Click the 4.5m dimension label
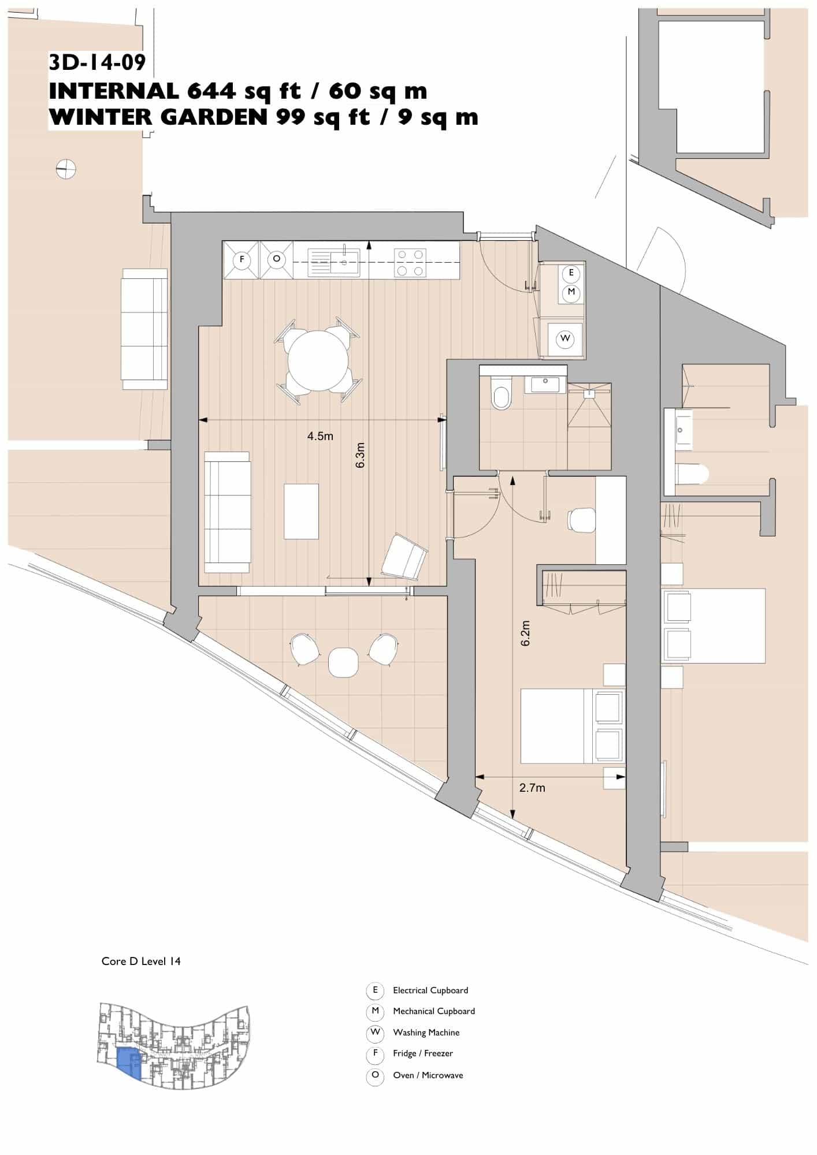(320, 436)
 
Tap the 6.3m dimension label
(361, 455)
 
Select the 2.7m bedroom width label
(532, 788)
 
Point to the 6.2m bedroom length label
(525, 634)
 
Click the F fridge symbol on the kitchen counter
(242, 260)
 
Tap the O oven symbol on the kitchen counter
(276, 259)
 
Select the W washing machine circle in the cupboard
(565, 339)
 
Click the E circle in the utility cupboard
(571, 273)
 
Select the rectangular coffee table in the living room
(301, 512)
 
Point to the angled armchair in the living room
(404, 557)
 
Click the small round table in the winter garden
(343, 662)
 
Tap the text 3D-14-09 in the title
(97, 62)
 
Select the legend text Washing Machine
(426, 1033)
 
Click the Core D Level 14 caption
(141, 962)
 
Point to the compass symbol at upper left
(66, 169)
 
